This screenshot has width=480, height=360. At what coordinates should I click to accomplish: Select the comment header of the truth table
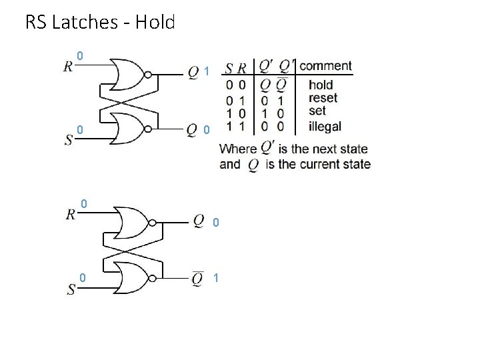(x=325, y=66)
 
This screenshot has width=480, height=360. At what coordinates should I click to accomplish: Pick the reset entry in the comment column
(x=323, y=98)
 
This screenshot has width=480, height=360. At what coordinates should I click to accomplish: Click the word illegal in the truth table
(x=325, y=125)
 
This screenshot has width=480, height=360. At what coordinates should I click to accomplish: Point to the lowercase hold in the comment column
(x=321, y=85)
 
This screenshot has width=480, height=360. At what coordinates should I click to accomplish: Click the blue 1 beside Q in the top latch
(x=207, y=71)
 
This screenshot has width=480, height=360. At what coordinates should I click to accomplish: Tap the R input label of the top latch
(x=69, y=67)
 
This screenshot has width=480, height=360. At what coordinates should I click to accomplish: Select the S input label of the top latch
(x=69, y=141)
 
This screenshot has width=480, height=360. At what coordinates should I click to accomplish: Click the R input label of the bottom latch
(x=71, y=215)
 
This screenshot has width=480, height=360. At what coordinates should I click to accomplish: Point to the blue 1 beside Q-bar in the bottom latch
(x=215, y=277)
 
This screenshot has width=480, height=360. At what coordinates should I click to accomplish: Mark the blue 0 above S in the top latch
(x=79, y=129)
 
